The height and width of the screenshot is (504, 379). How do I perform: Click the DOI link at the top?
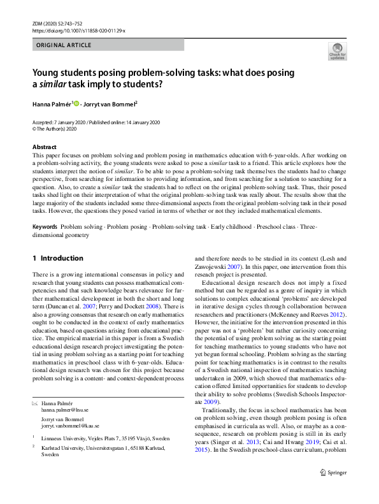coord(78,30)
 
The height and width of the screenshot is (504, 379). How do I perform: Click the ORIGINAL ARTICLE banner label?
coord(64,45)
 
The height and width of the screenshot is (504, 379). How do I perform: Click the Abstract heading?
coord(45,147)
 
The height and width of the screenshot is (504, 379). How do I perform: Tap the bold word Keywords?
coord(46,227)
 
